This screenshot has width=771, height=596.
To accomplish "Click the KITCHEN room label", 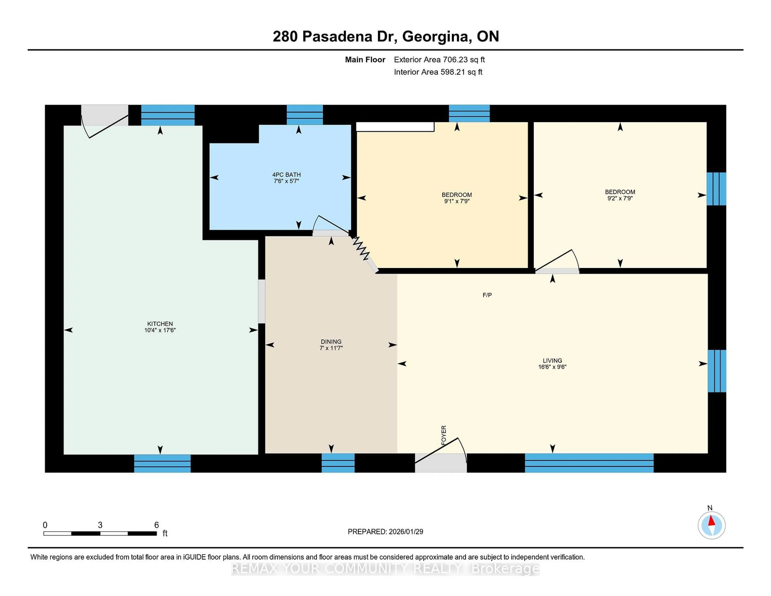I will [x=160, y=324].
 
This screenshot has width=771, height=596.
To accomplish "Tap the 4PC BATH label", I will [x=286, y=175].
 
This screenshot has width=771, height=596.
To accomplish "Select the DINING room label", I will [x=331, y=341].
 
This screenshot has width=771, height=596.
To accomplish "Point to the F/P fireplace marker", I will [x=487, y=295].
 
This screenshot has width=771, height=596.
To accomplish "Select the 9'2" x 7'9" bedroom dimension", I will [x=620, y=198].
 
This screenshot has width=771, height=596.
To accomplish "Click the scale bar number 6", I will [x=156, y=525].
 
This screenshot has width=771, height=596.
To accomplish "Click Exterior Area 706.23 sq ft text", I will [x=439, y=60].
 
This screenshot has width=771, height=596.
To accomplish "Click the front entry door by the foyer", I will [x=440, y=459].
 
